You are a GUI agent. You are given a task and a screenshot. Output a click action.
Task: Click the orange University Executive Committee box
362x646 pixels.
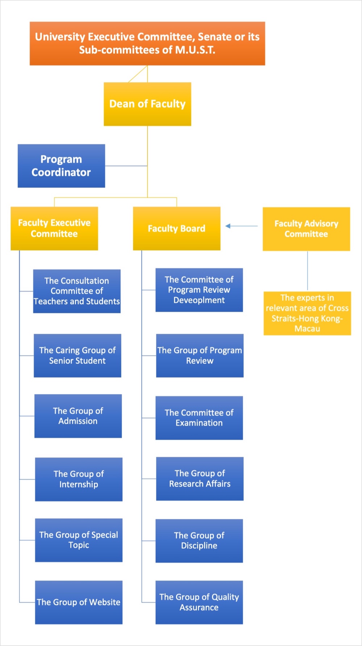click(147, 43)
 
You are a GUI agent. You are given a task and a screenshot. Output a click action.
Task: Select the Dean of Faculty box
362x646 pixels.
click(147, 104)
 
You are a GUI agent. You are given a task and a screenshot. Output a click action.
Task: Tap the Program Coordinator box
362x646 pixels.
click(61, 166)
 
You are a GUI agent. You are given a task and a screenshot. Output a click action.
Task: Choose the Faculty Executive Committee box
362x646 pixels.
click(54, 228)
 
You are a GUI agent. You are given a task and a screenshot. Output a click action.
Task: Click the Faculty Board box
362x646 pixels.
click(177, 228)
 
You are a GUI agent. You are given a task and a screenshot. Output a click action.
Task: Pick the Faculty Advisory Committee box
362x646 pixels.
click(306, 229)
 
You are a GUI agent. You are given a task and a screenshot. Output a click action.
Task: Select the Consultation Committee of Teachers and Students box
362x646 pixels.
click(77, 291)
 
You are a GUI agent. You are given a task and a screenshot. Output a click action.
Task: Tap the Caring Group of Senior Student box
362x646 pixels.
click(77, 356)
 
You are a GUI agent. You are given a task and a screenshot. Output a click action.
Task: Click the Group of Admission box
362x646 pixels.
click(78, 416)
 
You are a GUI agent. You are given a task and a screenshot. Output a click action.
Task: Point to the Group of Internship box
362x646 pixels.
click(79, 479)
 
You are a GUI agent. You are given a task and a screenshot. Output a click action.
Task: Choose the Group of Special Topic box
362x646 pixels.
click(79, 540)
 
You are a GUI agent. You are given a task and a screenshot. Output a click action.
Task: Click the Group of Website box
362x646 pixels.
click(79, 602)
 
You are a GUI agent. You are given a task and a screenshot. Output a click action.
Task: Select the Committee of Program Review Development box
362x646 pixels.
click(199, 290)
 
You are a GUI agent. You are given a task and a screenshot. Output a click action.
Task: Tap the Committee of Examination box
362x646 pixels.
click(199, 418)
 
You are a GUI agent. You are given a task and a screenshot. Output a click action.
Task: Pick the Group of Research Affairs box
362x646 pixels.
click(200, 479)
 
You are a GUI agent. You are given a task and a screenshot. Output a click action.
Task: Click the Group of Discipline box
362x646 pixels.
click(199, 541)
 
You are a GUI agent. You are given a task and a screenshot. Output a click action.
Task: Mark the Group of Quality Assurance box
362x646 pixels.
click(199, 602)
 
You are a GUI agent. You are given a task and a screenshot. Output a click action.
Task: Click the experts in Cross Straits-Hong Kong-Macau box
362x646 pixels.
click(307, 313)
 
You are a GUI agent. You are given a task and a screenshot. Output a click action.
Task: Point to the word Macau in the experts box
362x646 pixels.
click(307, 329)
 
